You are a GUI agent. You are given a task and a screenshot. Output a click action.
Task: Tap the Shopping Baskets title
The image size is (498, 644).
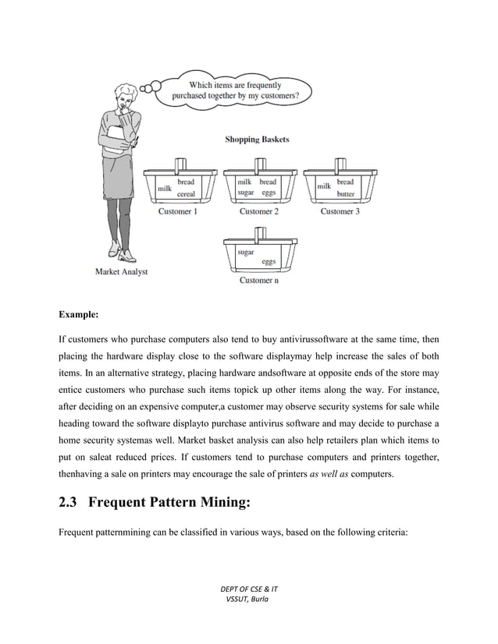[x=257, y=140]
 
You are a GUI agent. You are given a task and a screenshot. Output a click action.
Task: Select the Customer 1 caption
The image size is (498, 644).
[x=178, y=211]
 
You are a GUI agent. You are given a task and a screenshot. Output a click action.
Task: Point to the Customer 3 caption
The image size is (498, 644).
[x=340, y=211]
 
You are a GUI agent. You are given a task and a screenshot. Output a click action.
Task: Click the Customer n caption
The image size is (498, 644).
[x=258, y=281]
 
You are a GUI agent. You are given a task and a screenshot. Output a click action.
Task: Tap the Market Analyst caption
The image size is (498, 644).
[x=121, y=272]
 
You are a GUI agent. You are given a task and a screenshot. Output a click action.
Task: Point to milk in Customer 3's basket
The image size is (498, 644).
[x=322, y=186]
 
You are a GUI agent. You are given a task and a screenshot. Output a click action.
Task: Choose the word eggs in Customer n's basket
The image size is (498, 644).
[x=269, y=262]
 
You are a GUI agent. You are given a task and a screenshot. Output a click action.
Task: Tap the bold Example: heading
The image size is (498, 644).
[x=79, y=316]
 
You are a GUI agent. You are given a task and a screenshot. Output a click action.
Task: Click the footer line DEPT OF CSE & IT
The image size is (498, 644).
[x=249, y=586]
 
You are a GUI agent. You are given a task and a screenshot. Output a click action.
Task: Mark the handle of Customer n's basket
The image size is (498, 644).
[x=258, y=233]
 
